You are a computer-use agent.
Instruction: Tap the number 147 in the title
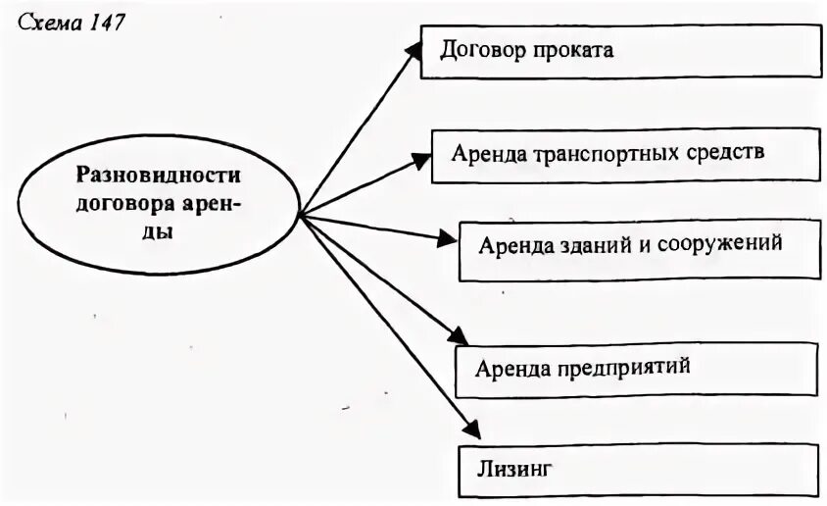coord(105,23)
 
